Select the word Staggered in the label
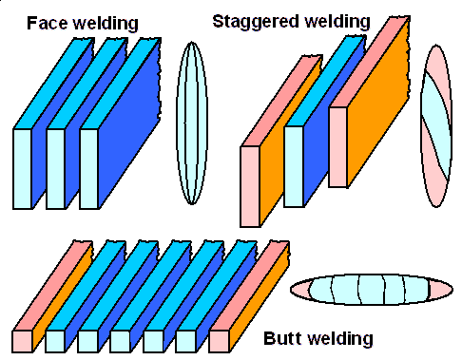pos(250,21)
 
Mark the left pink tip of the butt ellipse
pos(296,289)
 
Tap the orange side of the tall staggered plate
pos(381,119)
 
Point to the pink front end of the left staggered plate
pos(250,185)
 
